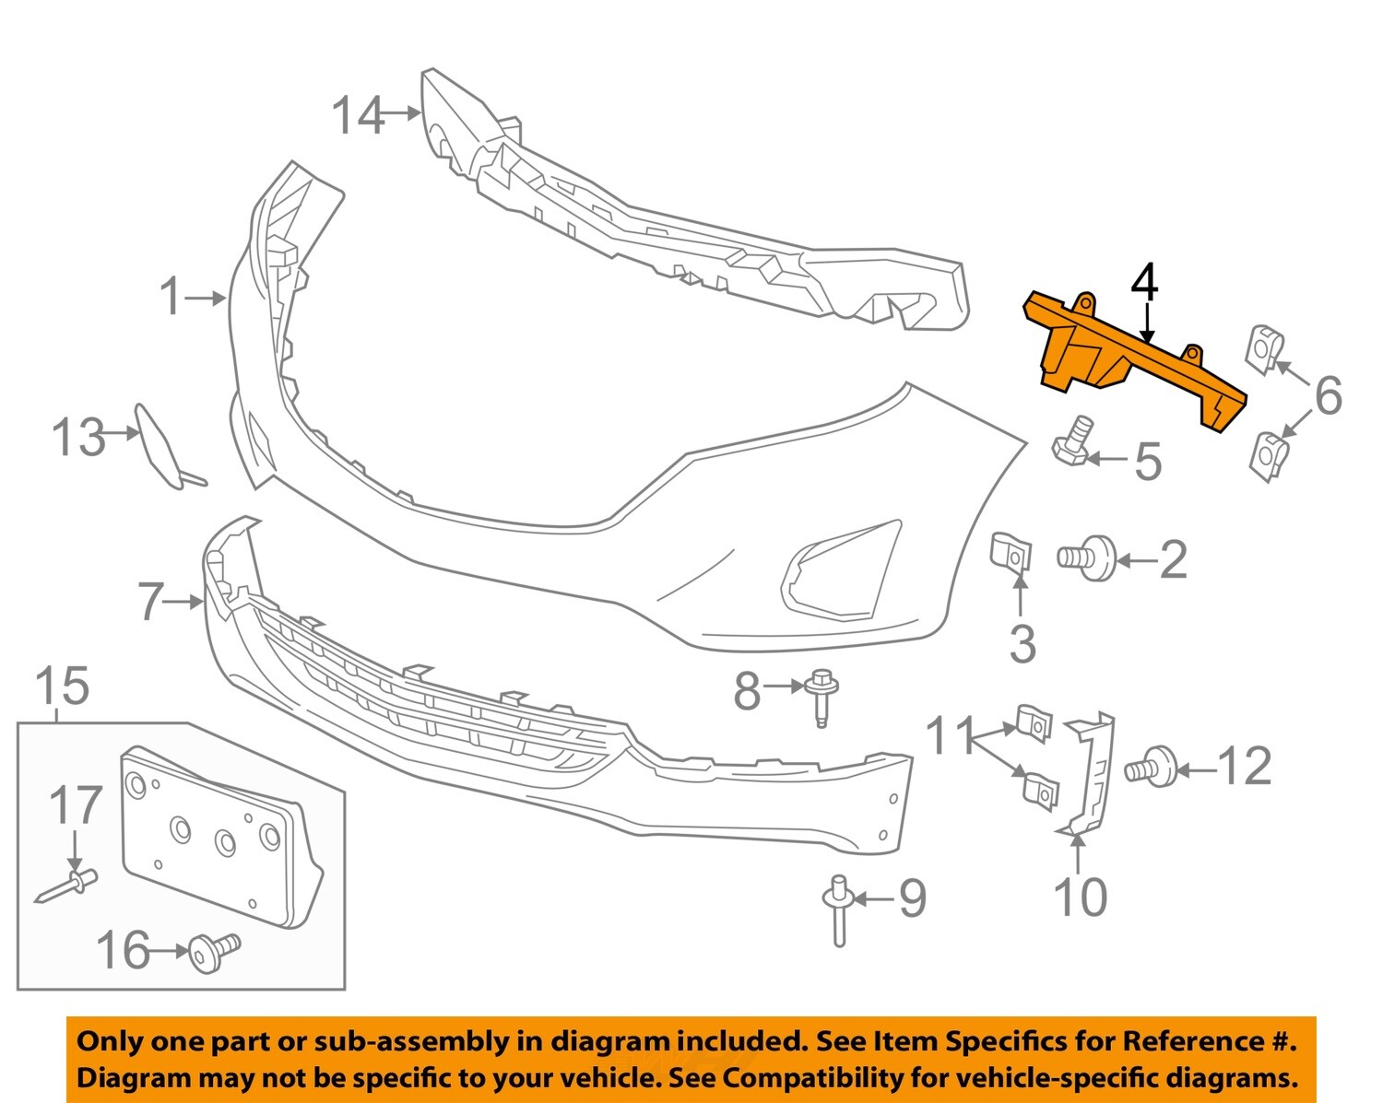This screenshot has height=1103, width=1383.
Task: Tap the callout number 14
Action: [358, 116]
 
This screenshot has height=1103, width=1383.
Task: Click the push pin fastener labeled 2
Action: [1089, 557]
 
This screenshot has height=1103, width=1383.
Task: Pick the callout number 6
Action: [1328, 395]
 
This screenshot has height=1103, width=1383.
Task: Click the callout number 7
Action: [150, 602]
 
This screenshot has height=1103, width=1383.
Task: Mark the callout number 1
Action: [171, 298]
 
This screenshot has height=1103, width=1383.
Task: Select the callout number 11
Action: [950, 736]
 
